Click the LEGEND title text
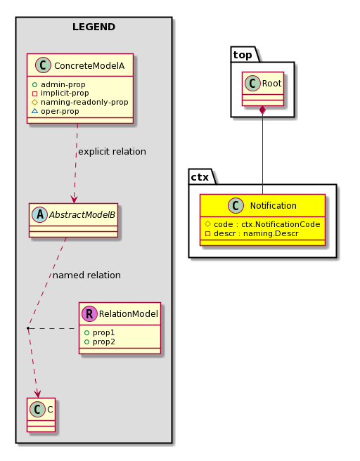tap(94, 27)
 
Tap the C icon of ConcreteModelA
tap(43, 65)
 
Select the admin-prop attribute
tap(59, 84)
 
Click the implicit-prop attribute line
tap(60, 93)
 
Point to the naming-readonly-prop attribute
tap(80, 103)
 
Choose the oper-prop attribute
tap(56, 112)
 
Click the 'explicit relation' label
tap(112, 152)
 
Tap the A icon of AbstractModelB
tap(39, 214)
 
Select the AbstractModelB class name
tap(82, 215)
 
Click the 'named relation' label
tap(86, 275)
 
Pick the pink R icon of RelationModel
tap(90, 313)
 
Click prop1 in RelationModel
tap(99, 333)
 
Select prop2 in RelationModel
tap(99, 342)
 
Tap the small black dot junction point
tap(28, 327)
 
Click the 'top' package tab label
tap(243, 55)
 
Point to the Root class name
tap(272, 84)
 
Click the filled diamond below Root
tap(262, 111)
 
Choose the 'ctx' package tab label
tap(200, 177)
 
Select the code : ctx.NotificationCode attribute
tap(262, 224)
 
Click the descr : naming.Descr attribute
tap(252, 234)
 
